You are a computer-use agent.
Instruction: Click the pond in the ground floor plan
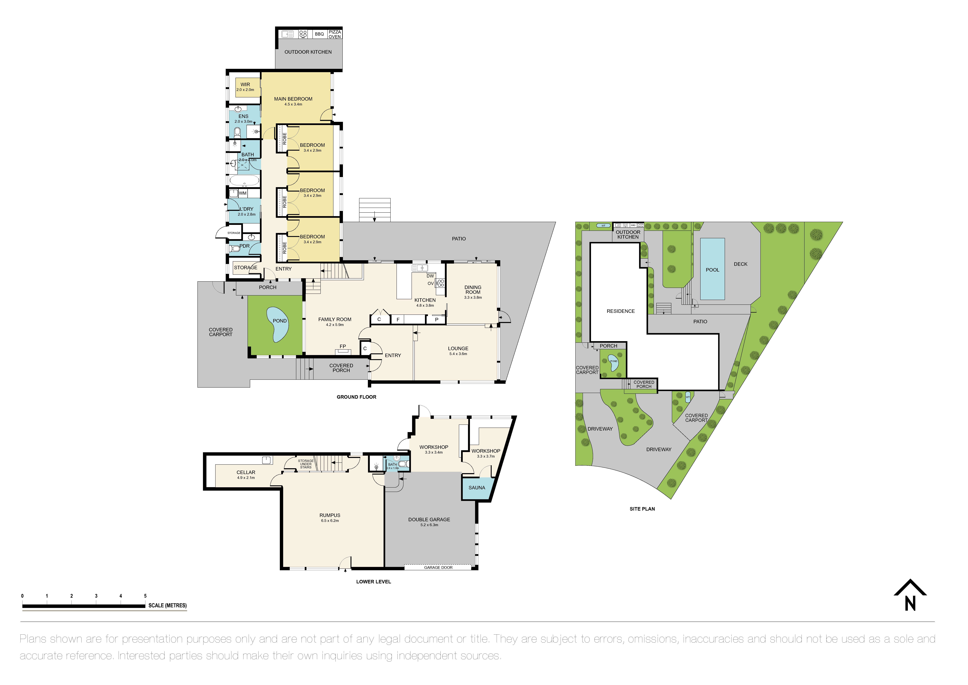tap(278, 324)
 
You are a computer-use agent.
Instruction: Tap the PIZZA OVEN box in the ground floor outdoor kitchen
tap(335, 34)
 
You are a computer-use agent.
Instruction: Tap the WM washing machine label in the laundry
tap(243, 193)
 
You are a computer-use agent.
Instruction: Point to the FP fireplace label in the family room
tap(343, 347)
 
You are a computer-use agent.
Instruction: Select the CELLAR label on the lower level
tap(246, 472)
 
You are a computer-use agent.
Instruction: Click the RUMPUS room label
tap(330, 515)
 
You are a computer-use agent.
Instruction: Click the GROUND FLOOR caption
tap(356, 397)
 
